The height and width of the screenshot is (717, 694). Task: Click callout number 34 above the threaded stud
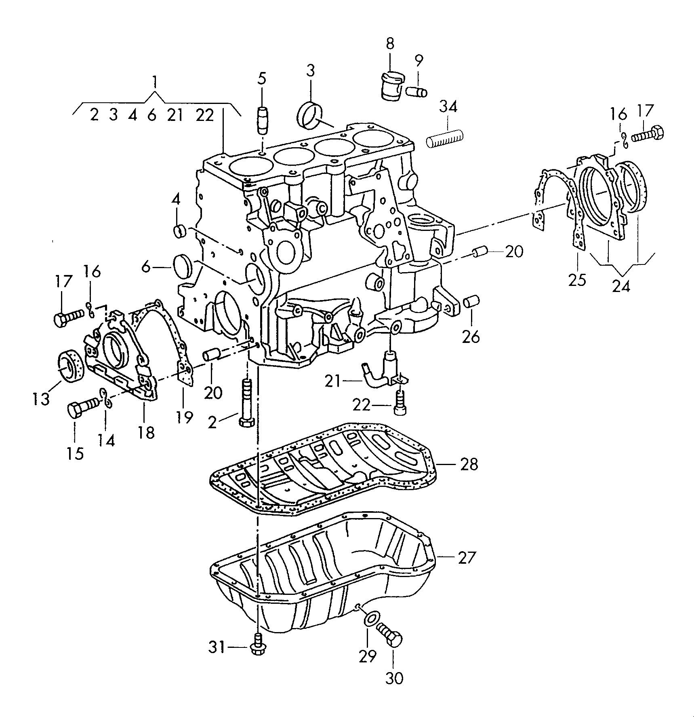[x=448, y=108]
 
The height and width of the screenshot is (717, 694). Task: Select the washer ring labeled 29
[x=370, y=620]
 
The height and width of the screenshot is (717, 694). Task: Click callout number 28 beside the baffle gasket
[x=469, y=464]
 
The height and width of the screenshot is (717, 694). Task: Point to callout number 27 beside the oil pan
[x=467, y=558]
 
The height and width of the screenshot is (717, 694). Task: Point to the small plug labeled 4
[x=179, y=231]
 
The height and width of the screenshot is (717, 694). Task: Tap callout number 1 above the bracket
[x=154, y=82]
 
